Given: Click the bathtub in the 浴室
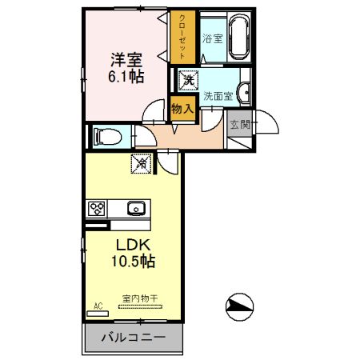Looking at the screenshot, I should click(239, 37).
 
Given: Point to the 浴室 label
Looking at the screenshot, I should click(212, 38).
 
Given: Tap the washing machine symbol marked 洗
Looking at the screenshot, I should click(188, 79).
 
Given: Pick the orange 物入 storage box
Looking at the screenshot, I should click(182, 108).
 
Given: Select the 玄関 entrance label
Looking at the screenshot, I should click(238, 125).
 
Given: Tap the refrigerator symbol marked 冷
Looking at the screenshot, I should click(142, 163).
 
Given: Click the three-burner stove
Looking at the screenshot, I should click(98, 209).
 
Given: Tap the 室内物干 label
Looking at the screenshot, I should click(140, 298).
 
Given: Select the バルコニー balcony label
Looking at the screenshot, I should click(133, 338).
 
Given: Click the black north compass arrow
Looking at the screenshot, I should click(239, 304).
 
